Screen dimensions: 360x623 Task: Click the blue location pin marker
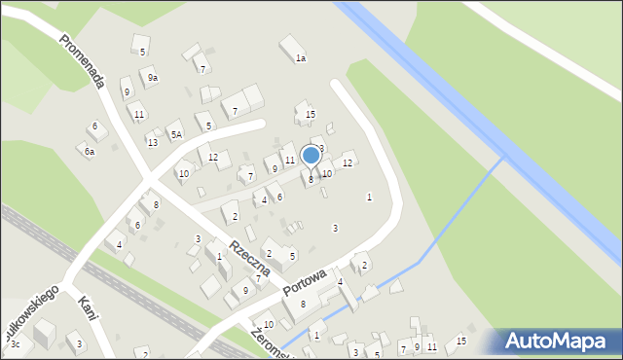click(311, 156)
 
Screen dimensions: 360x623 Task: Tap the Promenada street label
click(82, 61)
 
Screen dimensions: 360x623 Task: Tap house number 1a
click(301, 58)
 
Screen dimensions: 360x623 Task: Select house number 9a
click(153, 77)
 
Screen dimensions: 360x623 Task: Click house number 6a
click(89, 152)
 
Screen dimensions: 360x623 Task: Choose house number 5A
click(176, 135)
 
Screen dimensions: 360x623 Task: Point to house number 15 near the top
click(310, 115)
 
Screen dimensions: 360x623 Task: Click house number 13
click(153, 142)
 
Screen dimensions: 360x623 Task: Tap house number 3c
click(15, 343)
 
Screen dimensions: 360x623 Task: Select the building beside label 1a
click(290, 46)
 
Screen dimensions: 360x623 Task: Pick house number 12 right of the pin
click(347, 162)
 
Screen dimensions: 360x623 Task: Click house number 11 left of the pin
click(289, 160)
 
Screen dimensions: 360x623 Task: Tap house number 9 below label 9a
click(127, 92)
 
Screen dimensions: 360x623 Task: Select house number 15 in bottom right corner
click(461, 341)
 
